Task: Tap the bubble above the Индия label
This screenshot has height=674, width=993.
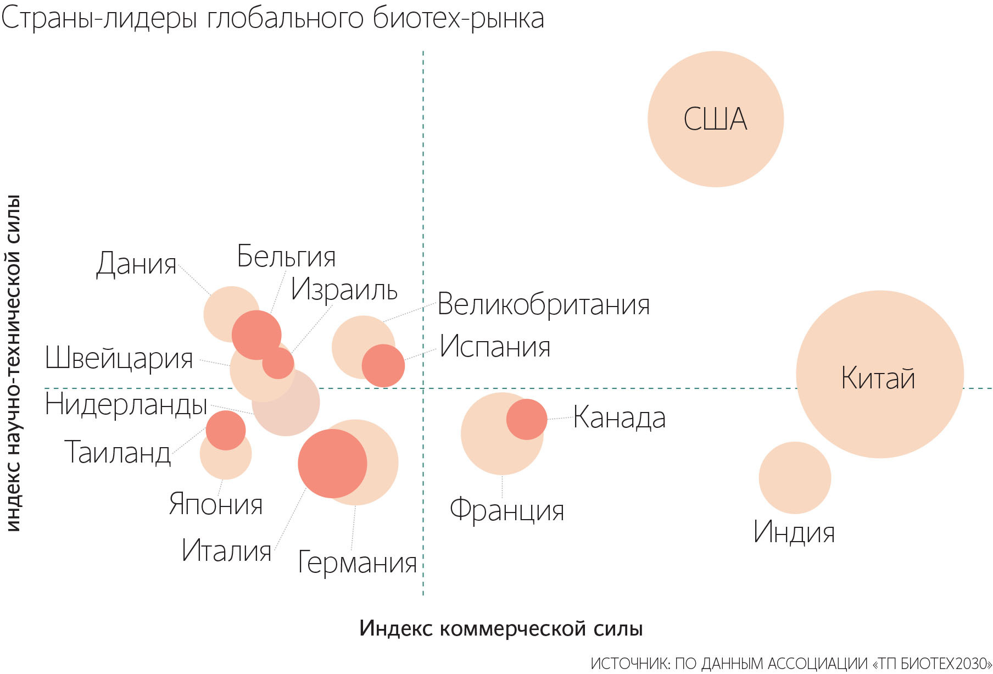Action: click(x=794, y=477)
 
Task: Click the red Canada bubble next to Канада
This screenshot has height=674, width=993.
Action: click(x=526, y=419)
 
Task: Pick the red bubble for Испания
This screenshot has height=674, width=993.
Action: click(x=383, y=366)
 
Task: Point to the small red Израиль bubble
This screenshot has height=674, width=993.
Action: click(x=278, y=363)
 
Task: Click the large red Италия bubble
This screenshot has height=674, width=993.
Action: click(x=332, y=463)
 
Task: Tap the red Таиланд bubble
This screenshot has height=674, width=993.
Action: click(x=225, y=430)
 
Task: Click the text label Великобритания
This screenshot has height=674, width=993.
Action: click(x=543, y=304)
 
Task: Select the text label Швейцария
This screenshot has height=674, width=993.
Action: click(x=119, y=358)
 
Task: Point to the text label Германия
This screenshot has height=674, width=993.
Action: click(x=357, y=562)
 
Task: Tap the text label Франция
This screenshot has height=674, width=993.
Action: click(x=506, y=510)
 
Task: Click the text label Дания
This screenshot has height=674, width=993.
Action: click(x=136, y=264)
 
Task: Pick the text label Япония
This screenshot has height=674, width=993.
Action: click(x=215, y=504)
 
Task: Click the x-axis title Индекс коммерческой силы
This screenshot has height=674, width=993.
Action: click(x=500, y=628)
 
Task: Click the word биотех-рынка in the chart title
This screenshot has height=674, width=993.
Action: click(x=458, y=18)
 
